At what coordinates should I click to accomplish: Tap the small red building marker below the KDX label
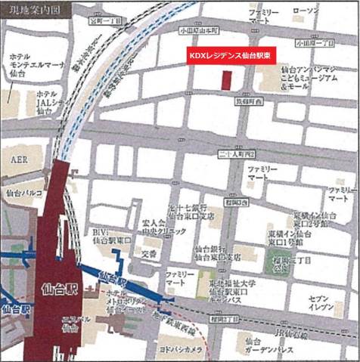tap(225, 80)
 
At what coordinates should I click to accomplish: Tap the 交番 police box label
tap(150, 255)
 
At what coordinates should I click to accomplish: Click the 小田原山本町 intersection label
tap(200, 31)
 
